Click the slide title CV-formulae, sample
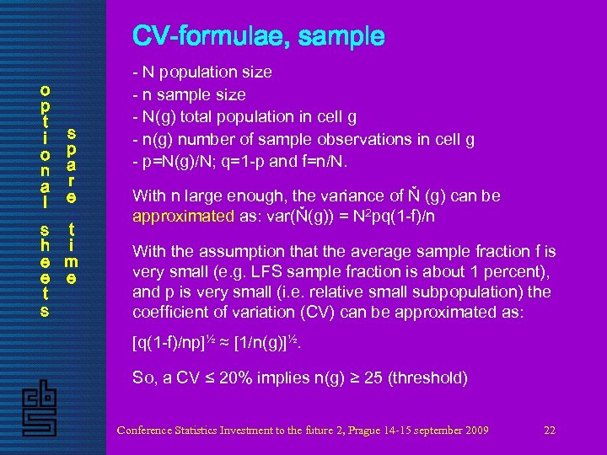258,37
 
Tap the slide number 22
550,431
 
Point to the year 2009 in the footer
475,431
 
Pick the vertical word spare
72,165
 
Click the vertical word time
72,254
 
